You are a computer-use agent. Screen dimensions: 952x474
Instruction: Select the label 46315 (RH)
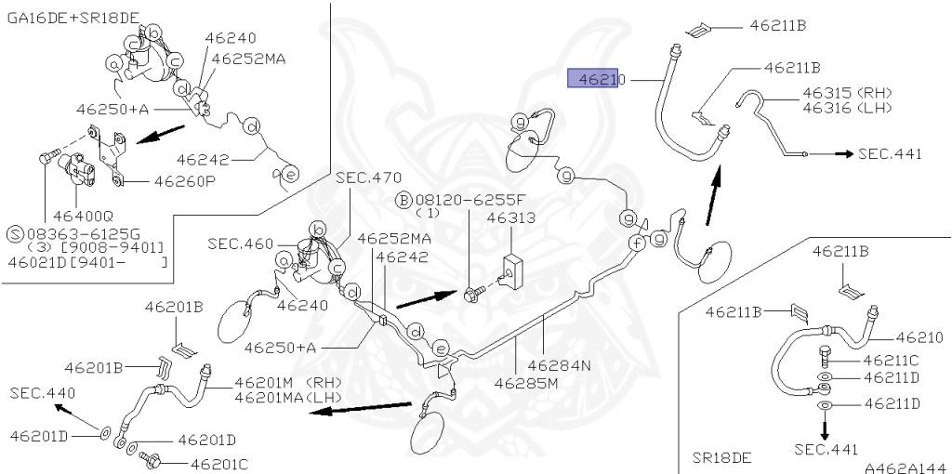[x=847, y=93]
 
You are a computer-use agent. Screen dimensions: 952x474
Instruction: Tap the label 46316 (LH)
[x=847, y=108]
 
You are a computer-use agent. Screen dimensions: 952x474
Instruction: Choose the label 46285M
[x=526, y=382]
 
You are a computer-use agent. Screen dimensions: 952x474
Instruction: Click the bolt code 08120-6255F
[x=469, y=200]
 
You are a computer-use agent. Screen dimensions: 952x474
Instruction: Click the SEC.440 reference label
[x=43, y=393]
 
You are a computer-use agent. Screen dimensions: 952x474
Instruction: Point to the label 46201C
[x=218, y=462]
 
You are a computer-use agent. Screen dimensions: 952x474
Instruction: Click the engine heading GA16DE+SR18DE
[x=73, y=20]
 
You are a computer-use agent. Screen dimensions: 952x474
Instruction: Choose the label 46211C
[x=890, y=360]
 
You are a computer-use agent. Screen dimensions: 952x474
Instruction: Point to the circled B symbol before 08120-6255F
[x=404, y=200]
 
